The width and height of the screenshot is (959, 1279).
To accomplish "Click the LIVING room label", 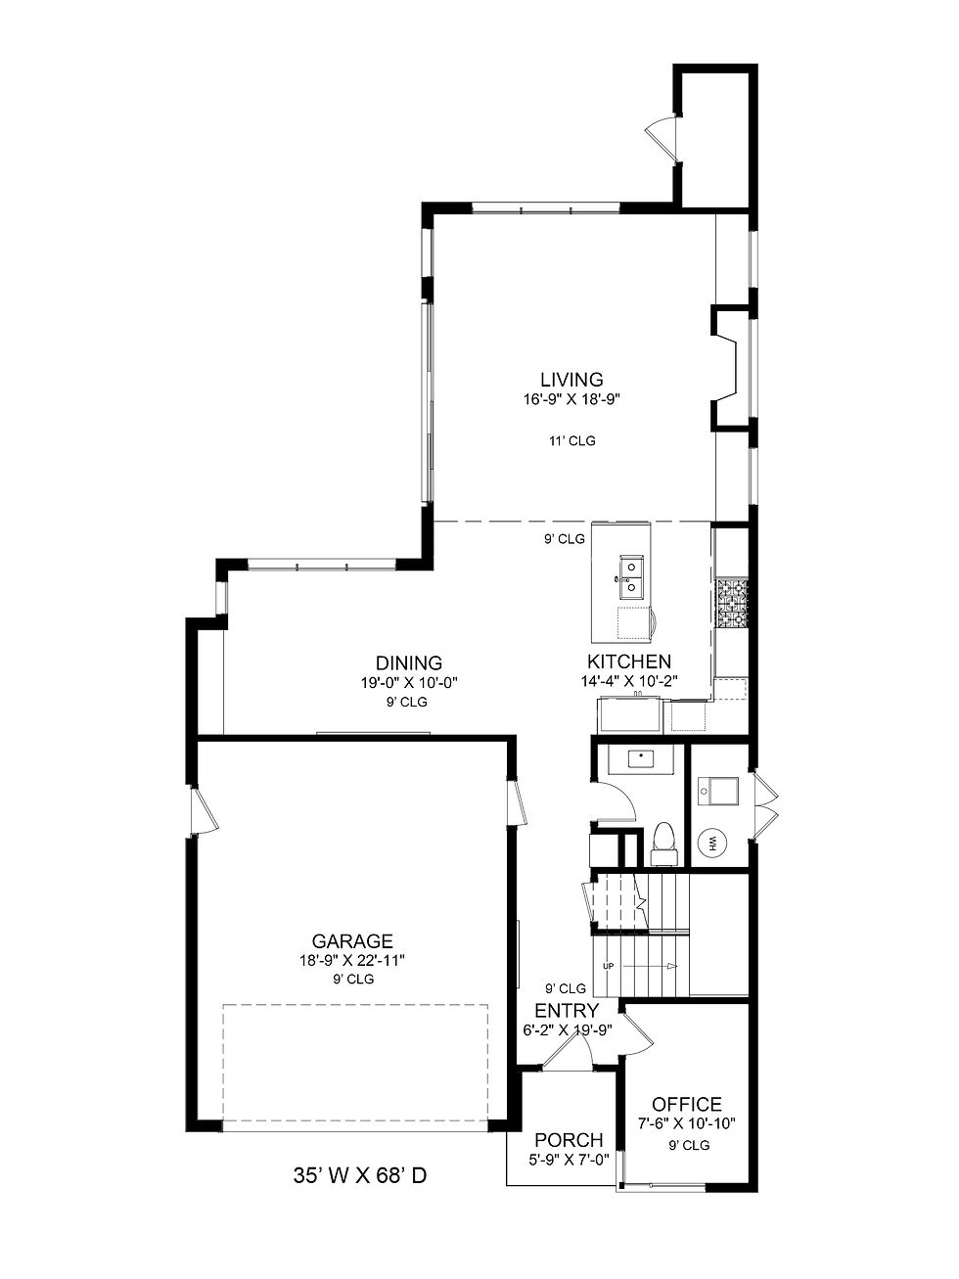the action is coord(571,380).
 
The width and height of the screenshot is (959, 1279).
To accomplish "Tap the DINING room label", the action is coord(409,662).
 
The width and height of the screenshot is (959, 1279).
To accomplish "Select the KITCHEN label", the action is coord(628,662).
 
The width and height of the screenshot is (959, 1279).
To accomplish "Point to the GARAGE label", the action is coord(352,941).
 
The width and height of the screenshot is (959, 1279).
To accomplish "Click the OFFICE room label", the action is coord(686,1104).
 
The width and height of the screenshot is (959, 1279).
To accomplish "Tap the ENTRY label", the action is coord(567,1011).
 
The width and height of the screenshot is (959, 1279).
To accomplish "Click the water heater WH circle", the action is coord(712,843).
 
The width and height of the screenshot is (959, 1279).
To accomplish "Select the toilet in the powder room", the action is coord(663,844).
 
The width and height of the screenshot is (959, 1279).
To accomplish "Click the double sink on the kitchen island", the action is coord(631,576).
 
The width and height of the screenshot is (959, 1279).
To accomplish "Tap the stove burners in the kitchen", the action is coord(732,603).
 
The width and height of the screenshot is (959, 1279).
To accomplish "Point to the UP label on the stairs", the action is coord(609,966).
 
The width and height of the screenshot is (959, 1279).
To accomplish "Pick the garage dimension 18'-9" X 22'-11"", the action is coord(352,961).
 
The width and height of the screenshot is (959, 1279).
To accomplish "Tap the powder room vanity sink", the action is coord(640,759).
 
